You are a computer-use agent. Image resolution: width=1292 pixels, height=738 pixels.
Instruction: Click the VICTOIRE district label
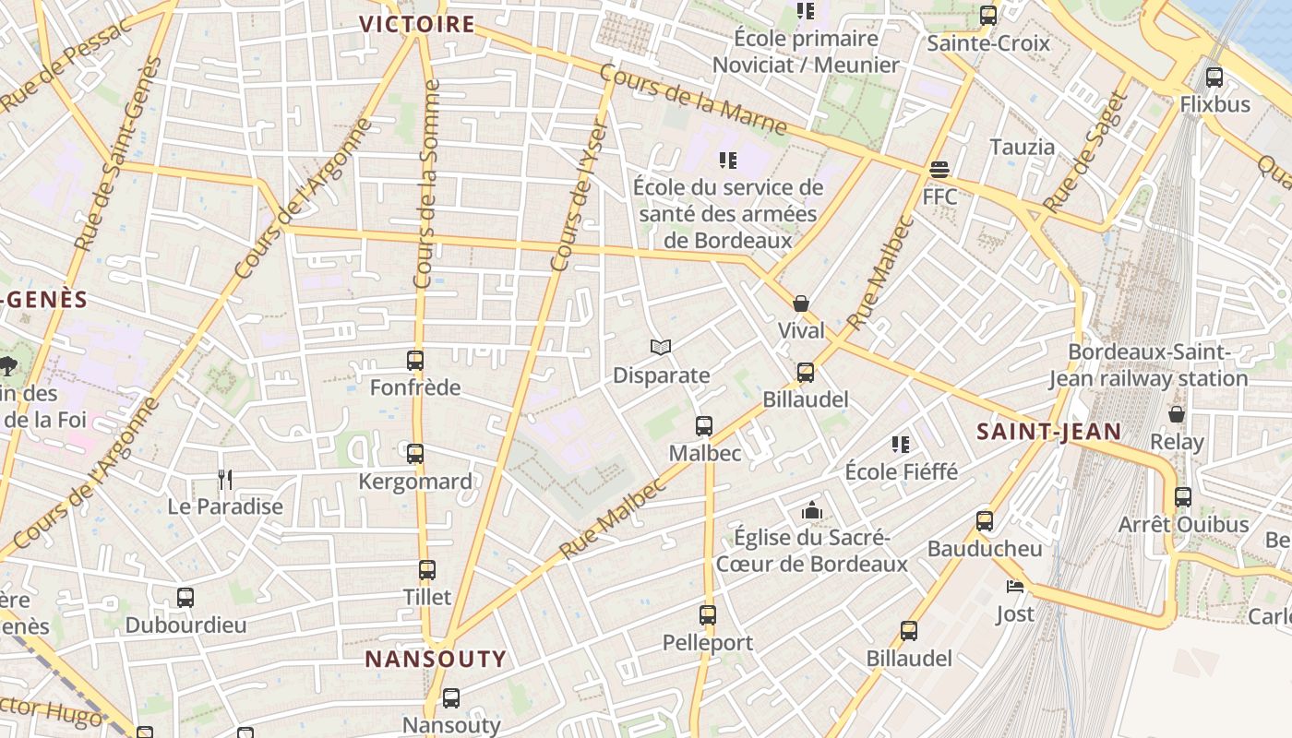pyautogui.click(x=417, y=25)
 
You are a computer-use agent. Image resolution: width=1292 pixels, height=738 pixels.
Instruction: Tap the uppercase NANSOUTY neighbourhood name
pyautogui.click(x=436, y=659)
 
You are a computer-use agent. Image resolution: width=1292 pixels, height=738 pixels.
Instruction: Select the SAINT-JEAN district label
pyautogui.click(x=1049, y=431)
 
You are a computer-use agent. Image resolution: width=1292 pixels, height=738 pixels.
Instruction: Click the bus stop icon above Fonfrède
pyautogui.click(x=415, y=361)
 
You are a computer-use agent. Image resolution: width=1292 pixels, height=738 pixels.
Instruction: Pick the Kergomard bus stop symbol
pyautogui.click(x=415, y=454)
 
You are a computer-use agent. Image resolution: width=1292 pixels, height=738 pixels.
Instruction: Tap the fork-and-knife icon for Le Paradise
pyautogui.click(x=224, y=479)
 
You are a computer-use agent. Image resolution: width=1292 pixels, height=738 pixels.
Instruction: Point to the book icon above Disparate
pyautogui.click(x=661, y=348)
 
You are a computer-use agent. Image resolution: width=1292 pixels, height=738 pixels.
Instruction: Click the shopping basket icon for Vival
pyautogui.click(x=801, y=304)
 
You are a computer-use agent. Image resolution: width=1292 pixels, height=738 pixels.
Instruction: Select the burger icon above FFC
pyautogui.click(x=939, y=170)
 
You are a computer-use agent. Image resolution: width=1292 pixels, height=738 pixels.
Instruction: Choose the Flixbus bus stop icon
pyautogui.click(x=1214, y=77)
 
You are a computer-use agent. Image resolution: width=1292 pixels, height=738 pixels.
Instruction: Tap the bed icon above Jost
pyautogui.click(x=1015, y=587)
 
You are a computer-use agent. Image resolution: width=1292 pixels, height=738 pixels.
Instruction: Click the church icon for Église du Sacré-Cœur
pyautogui.click(x=812, y=510)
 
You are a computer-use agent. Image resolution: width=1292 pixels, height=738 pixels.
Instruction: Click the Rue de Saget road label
pyautogui.click(x=1086, y=152)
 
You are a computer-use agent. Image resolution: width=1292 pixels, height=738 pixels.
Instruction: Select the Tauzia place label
pyautogui.click(x=1022, y=147)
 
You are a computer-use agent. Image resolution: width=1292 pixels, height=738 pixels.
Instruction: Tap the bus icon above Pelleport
pyautogui.click(x=708, y=614)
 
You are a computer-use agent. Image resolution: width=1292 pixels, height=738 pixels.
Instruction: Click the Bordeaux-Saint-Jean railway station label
pyautogui.click(x=1149, y=365)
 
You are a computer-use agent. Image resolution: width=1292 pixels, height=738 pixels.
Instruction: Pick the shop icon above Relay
pyautogui.click(x=1177, y=414)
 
